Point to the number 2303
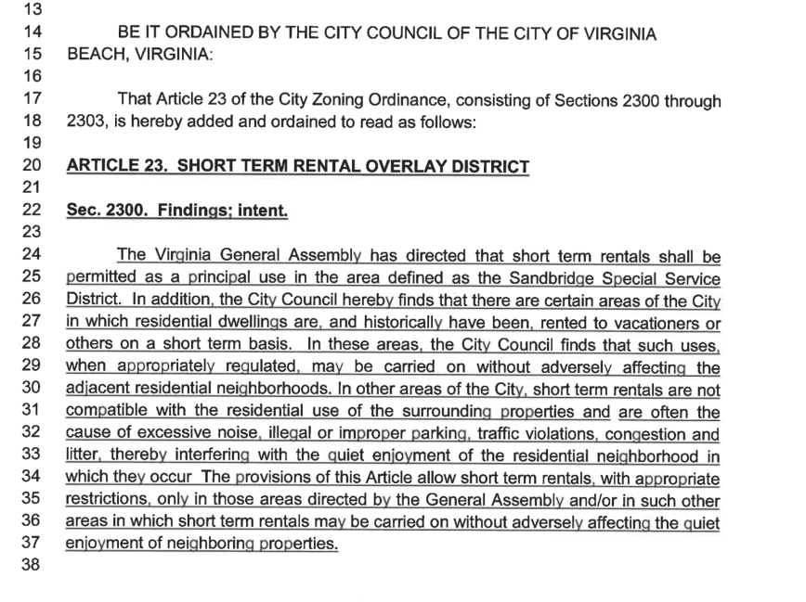pos(87,122)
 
